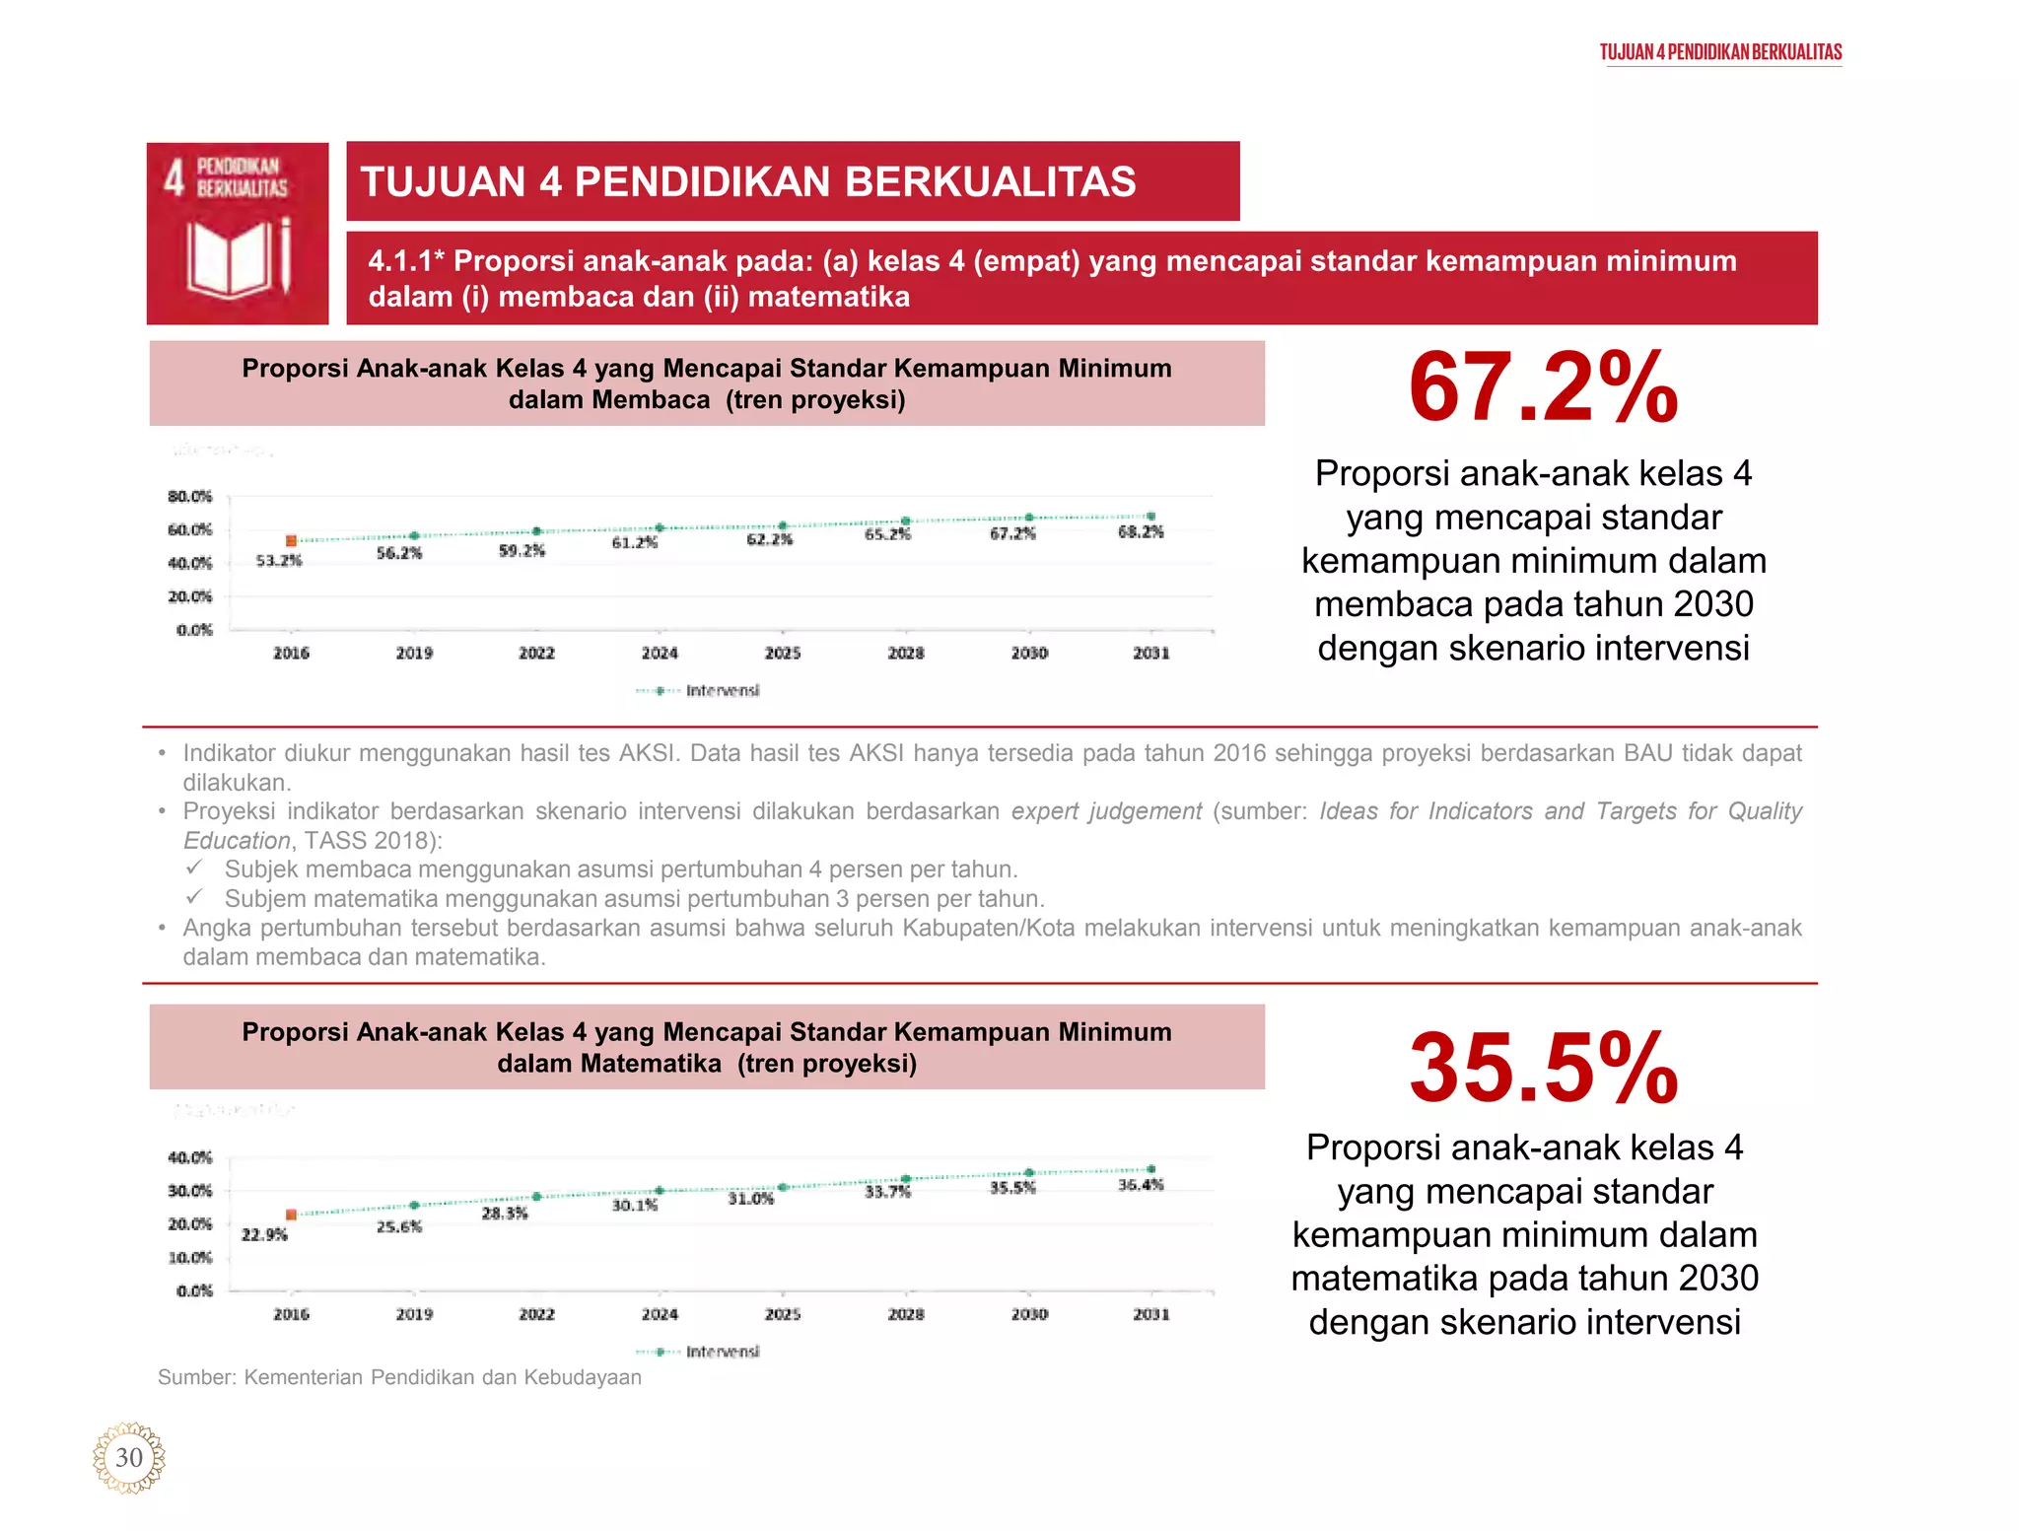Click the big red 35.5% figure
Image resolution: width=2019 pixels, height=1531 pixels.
point(1543,1069)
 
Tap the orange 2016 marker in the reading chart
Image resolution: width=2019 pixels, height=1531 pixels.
point(291,541)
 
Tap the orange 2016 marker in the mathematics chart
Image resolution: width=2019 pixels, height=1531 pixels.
point(291,1215)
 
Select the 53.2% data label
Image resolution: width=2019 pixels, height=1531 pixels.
point(279,561)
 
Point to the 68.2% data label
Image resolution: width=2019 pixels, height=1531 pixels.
point(1141,532)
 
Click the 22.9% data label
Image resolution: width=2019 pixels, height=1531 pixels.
point(264,1235)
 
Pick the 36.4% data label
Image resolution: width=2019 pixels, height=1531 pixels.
point(1141,1185)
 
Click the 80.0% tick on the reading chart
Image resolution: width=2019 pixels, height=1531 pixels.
point(189,497)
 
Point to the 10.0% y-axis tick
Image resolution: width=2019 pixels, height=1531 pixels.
point(189,1258)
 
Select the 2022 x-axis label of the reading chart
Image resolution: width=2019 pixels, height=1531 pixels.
point(536,654)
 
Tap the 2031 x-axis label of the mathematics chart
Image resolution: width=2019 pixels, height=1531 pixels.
point(1150,1315)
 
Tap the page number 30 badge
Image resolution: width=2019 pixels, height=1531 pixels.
point(129,1458)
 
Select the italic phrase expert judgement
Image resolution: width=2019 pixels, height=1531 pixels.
point(1106,811)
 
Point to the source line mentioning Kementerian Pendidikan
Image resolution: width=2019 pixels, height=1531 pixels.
point(399,1377)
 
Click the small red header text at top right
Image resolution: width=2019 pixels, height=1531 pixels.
point(1720,52)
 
